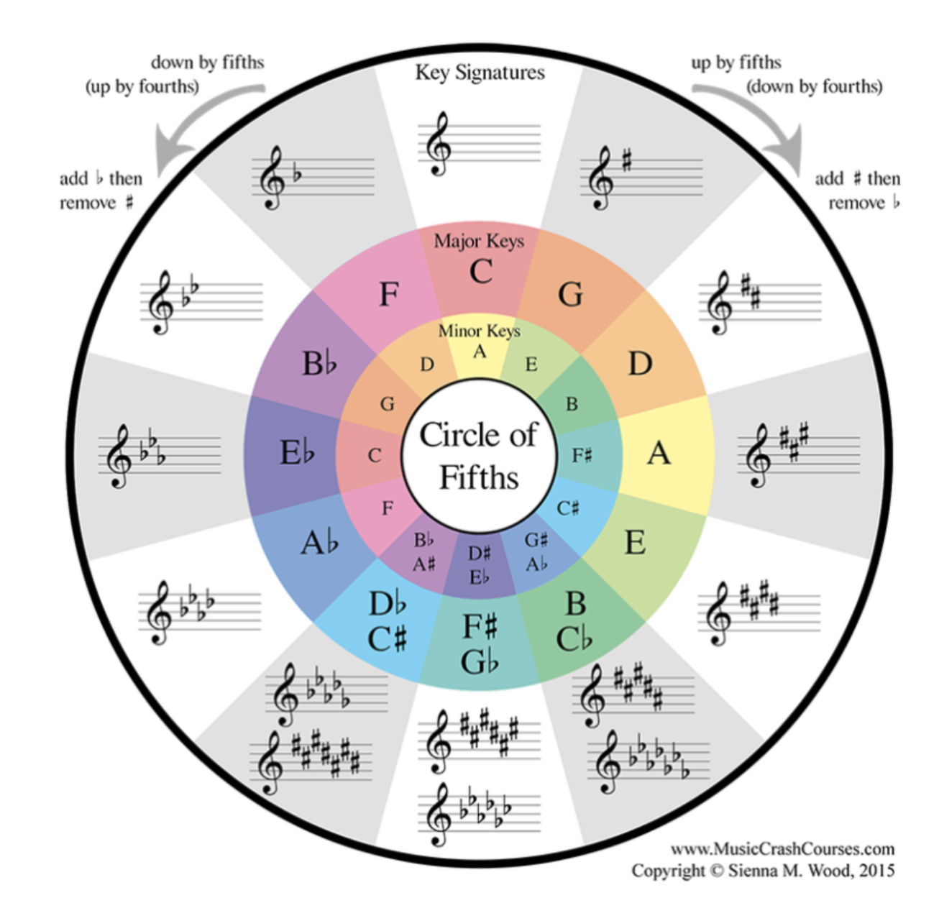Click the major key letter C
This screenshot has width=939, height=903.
pos(480,271)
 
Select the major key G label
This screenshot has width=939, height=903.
pos(570,294)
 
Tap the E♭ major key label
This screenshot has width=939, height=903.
pos(297,453)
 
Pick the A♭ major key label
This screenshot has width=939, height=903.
pos(319,543)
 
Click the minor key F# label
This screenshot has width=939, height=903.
pos(582,455)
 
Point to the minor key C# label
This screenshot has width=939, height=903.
pos(567,508)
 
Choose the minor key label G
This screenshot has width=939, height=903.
pos(387,404)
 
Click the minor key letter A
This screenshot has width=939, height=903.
pos(479,352)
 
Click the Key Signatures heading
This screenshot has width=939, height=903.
pos(480,73)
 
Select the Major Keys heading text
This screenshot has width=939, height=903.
pos(479,241)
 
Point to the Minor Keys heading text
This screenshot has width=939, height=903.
pos(479,331)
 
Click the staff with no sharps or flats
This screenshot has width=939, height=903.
pos(479,144)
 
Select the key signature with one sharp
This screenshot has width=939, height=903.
pos(641,178)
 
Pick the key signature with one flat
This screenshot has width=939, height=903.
pos(313,178)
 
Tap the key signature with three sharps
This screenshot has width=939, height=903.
pos(799,455)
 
